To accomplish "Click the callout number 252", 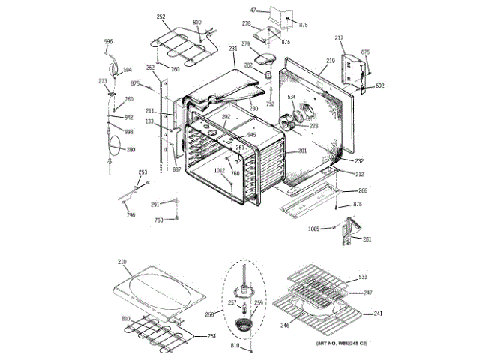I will pos(160,16).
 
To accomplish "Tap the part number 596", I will pos(108,41).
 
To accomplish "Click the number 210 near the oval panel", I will pos(122,262).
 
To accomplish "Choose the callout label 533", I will pos(363,277).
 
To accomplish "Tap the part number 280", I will pos(130,150).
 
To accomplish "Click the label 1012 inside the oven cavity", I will pos(220,171).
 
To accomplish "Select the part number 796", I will pos(130,216).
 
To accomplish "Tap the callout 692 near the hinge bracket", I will pos(379,86).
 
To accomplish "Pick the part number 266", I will pos(362,190).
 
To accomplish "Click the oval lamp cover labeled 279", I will pos(265,55).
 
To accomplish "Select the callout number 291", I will pos(154,204).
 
